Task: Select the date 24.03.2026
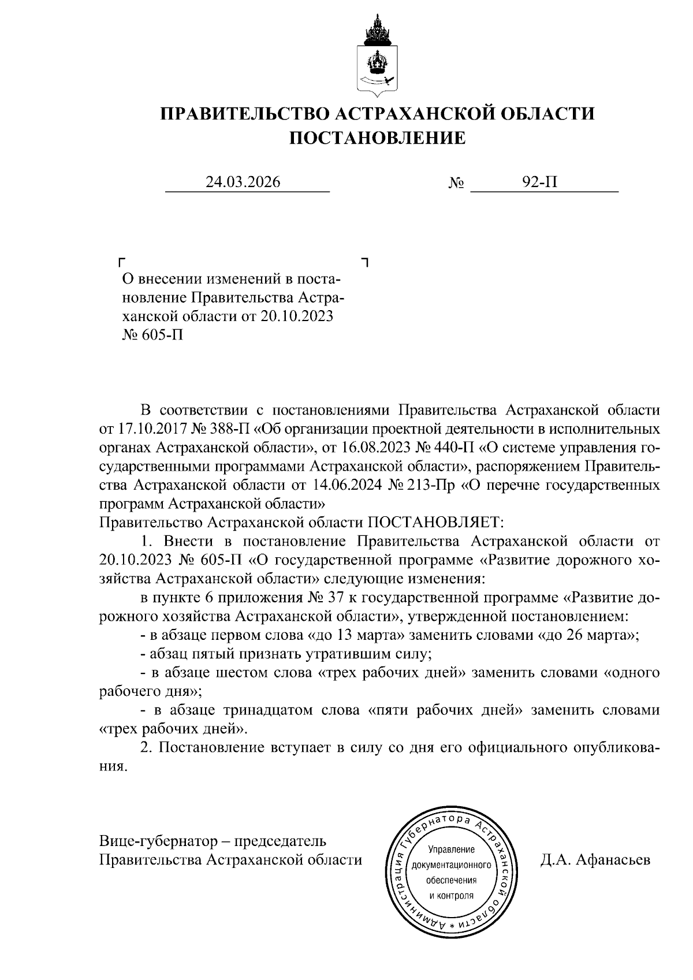click(x=243, y=182)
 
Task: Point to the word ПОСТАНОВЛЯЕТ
click(x=436, y=523)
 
